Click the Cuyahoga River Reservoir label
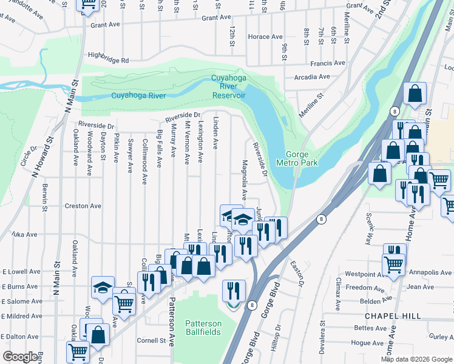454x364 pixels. click(x=228, y=87)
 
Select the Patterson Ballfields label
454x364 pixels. click(x=203, y=328)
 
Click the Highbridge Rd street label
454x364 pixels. click(x=108, y=61)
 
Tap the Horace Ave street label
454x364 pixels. click(x=265, y=37)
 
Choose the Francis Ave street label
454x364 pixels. click(x=327, y=63)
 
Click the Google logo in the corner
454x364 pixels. click(x=21, y=357)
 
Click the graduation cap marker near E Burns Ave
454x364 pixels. click(x=103, y=288)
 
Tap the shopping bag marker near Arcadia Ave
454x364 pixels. click(x=415, y=94)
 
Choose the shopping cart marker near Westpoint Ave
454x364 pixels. click(x=393, y=265)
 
